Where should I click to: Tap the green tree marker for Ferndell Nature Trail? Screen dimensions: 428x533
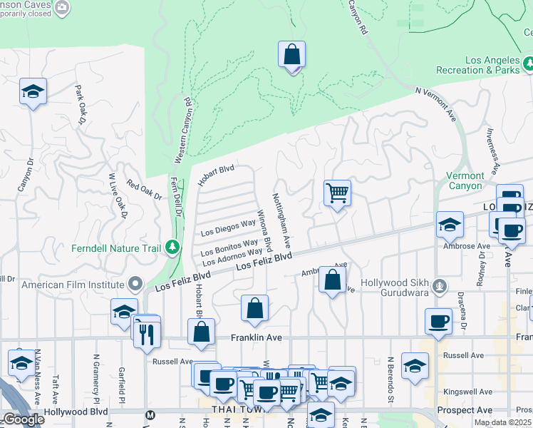pyautogui.click(x=172, y=248)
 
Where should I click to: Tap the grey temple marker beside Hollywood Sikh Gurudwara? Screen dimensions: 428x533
pyautogui.click(x=441, y=287)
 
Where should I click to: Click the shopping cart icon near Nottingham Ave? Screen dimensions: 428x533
pyautogui.click(x=337, y=193)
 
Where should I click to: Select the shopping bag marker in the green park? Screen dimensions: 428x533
pyautogui.click(x=291, y=54)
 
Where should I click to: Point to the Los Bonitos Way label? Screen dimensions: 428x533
pyautogui.click(x=229, y=248)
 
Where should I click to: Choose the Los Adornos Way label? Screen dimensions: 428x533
pyautogui.click(x=233, y=256)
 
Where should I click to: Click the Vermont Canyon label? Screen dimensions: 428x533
pyautogui.click(x=465, y=180)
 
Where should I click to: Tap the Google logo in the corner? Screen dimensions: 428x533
pyautogui.click(x=24, y=419)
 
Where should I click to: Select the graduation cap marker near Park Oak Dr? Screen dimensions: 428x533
pyautogui.click(x=33, y=91)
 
